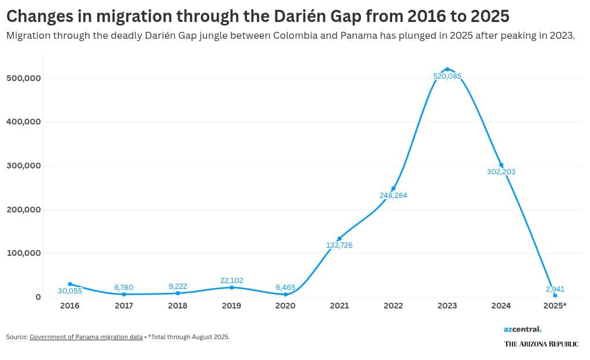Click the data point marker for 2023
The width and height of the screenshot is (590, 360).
(x=447, y=69)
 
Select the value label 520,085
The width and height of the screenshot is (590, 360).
(x=447, y=76)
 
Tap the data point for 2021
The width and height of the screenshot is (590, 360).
(x=339, y=238)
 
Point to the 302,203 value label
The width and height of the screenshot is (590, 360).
(x=501, y=172)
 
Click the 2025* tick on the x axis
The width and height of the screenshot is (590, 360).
(x=555, y=306)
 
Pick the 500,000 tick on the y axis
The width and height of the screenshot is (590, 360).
(x=23, y=78)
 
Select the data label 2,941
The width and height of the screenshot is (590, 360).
(x=555, y=289)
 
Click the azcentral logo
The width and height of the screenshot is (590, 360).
(x=522, y=329)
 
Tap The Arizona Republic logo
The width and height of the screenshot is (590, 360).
(x=541, y=344)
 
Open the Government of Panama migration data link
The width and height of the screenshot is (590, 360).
(x=86, y=337)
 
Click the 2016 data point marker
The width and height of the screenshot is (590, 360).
(x=70, y=284)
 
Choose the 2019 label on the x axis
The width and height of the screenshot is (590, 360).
(x=231, y=306)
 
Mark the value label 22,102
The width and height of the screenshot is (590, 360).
(x=231, y=281)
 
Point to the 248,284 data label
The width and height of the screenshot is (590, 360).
(x=393, y=196)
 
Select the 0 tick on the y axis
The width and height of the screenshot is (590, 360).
(x=38, y=297)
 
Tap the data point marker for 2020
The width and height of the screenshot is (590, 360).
(x=285, y=294)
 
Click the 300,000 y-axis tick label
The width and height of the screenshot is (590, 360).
(x=23, y=166)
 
